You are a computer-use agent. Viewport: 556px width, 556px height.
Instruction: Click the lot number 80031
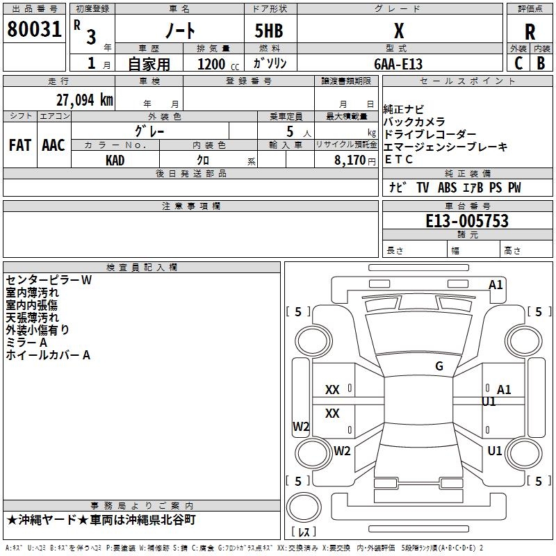pyautogui.click(x=34, y=29)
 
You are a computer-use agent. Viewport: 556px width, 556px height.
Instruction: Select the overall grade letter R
pyautogui.click(x=530, y=32)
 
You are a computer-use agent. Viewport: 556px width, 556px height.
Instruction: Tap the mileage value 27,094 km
pyautogui.click(x=85, y=100)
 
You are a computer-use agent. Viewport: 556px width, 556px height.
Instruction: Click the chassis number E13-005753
pyautogui.click(x=467, y=221)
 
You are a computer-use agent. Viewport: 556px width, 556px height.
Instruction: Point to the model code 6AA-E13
pyautogui.click(x=398, y=64)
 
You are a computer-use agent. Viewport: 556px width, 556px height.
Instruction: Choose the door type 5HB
pyautogui.click(x=269, y=31)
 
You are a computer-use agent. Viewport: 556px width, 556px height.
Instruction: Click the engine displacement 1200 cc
pyautogui.click(x=218, y=64)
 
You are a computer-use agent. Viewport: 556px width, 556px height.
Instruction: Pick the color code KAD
pyautogui.click(x=115, y=161)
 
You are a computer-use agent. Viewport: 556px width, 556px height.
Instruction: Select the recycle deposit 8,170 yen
pyautogui.click(x=355, y=161)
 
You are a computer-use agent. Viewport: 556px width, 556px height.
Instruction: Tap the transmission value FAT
pyautogui.click(x=20, y=145)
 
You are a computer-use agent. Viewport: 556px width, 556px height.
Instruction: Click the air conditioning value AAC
pyautogui.click(x=54, y=145)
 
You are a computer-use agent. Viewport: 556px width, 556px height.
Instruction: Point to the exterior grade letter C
pyautogui.click(x=518, y=63)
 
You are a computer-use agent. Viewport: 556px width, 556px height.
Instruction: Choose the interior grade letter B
pyautogui.click(x=541, y=63)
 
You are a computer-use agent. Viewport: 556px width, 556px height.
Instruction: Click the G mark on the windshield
pyautogui.click(x=439, y=366)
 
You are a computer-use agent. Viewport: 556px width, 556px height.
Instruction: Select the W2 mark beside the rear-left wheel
pyautogui.click(x=342, y=450)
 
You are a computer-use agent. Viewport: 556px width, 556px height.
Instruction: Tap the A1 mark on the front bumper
pyautogui.click(x=496, y=285)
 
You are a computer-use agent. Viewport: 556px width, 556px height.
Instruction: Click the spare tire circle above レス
pyautogui.click(x=304, y=507)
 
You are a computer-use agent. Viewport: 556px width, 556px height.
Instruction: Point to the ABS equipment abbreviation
pyautogui.click(x=447, y=188)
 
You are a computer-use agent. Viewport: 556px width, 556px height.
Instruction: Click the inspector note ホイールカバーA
pyautogui.click(x=48, y=355)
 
